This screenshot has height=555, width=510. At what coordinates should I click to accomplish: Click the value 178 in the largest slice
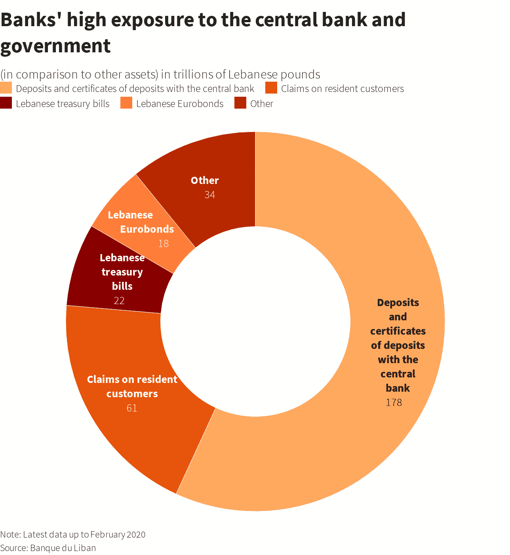tap(394, 402)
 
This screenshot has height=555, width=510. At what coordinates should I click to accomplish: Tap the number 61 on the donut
tap(132, 408)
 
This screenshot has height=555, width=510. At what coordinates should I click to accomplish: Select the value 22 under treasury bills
tap(119, 300)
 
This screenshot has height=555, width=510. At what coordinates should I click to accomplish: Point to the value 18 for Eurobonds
tap(164, 243)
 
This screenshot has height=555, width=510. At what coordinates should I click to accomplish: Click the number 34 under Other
tap(210, 195)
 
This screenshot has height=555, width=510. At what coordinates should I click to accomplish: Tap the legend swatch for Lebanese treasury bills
tap(6, 103)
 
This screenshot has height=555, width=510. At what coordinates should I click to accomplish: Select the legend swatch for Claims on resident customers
tap(271, 88)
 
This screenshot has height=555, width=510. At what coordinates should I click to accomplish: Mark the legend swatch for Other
tap(240, 103)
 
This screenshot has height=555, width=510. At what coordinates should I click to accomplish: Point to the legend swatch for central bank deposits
tap(6, 88)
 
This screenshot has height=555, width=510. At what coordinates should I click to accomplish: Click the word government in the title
tap(55, 46)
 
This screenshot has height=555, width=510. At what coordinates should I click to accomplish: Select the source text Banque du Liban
tap(63, 548)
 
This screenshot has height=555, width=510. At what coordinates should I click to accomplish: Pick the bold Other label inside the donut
tap(205, 180)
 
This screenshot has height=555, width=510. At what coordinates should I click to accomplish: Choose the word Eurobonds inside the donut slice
tap(147, 229)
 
